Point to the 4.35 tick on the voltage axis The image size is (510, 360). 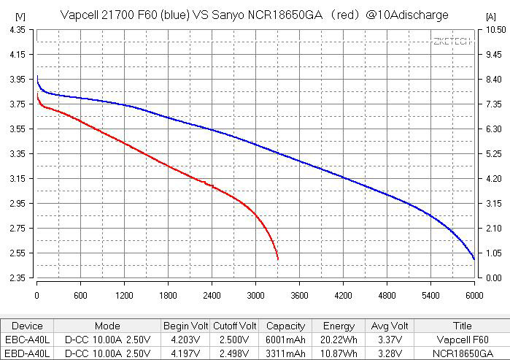coord(15,29)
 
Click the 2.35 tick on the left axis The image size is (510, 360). coord(15,278)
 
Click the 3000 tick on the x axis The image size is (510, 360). coord(255,296)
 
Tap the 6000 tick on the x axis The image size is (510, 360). coord(474,296)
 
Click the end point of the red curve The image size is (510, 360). coord(278,259)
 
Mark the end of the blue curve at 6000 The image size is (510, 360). coord(474,259)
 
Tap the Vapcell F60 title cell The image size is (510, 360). coord(462,340)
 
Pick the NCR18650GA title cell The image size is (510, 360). coord(462,353)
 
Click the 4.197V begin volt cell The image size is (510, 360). coord(185,353)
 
